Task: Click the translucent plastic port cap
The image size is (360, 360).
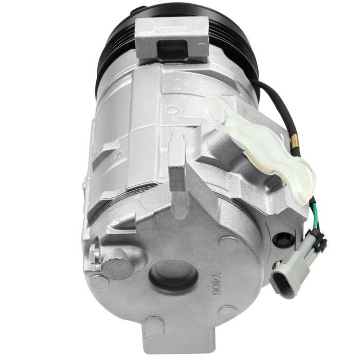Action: [260, 147]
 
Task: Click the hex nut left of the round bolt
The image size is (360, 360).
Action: [94, 254]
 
